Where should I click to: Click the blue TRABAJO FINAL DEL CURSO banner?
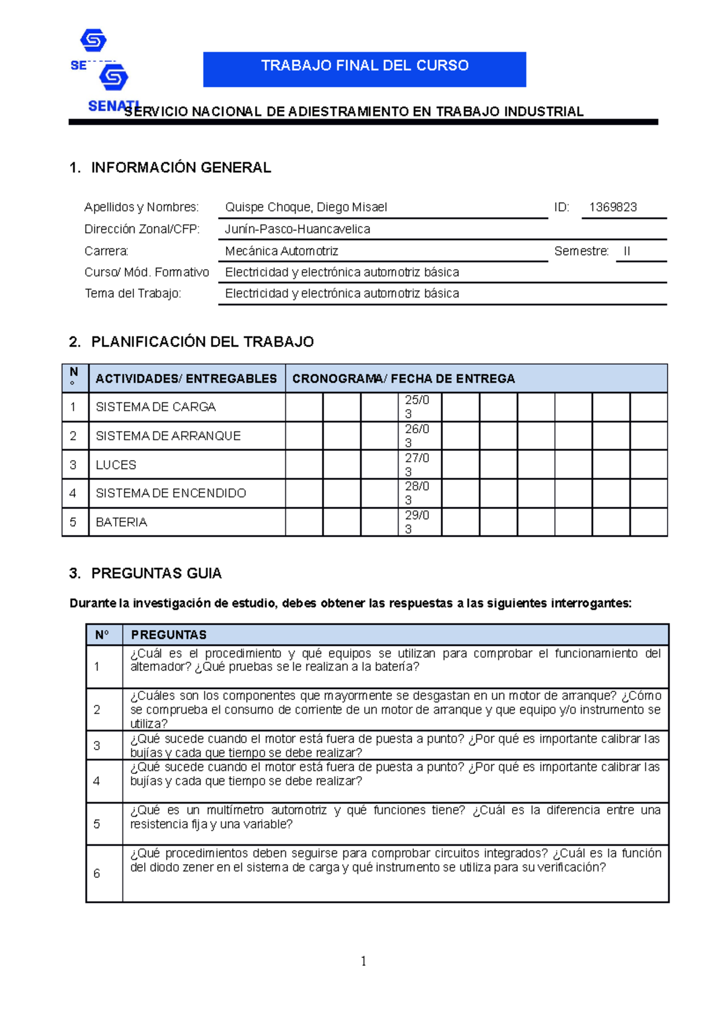pyautogui.click(x=364, y=68)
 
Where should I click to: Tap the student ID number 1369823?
pyautogui.click(x=612, y=207)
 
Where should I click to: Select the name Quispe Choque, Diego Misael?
pyautogui.click(x=306, y=207)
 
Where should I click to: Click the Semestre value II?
pyautogui.click(x=627, y=251)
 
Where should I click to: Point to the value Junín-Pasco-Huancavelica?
pyautogui.click(x=297, y=229)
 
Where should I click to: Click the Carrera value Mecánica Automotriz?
pyautogui.click(x=282, y=251)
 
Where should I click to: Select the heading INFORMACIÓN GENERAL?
pyautogui.click(x=181, y=168)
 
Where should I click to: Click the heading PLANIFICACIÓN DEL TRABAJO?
pyautogui.click(x=202, y=342)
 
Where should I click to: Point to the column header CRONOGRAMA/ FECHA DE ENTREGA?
pyautogui.click(x=403, y=379)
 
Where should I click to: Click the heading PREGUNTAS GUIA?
pyautogui.click(x=156, y=573)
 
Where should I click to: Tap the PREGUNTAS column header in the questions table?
pyautogui.click(x=168, y=634)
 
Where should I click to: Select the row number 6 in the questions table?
pyautogui.click(x=97, y=873)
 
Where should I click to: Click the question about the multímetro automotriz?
pyautogui.click(x=395, y=817)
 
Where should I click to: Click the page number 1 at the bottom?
pyautogui.click(x=363, y=961)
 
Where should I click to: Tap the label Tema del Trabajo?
pyautogui.click(x=133, y=293)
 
